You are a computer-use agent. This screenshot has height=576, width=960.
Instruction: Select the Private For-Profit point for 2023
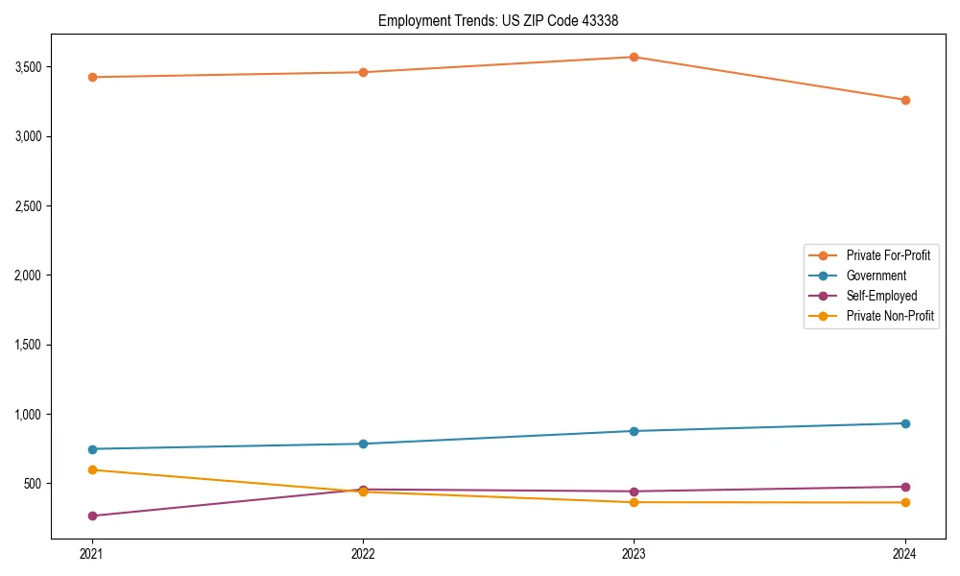coord(634,57)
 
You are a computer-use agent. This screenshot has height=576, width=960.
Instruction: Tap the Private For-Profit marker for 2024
coord(905,100)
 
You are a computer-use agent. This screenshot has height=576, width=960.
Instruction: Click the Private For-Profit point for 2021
coord(92,77)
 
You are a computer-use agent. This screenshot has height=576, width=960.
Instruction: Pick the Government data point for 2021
coord(92,449)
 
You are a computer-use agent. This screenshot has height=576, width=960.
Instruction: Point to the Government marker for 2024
coord(905,423)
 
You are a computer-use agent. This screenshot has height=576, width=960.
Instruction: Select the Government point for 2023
coord(634,431)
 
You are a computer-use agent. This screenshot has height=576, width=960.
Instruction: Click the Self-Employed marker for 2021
coord(92,516)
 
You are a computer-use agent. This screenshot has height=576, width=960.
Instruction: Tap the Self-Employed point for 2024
coord(905,487)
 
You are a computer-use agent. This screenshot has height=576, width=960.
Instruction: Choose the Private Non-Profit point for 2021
coord(92,469)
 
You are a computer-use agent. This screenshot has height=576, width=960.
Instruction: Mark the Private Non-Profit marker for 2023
coord(634,502)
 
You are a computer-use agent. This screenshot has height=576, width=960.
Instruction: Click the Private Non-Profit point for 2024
coord(905,503)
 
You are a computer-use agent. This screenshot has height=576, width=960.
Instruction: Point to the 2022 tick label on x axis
coord(363,554)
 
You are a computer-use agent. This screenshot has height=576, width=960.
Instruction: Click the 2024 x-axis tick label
coord(905,554)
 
